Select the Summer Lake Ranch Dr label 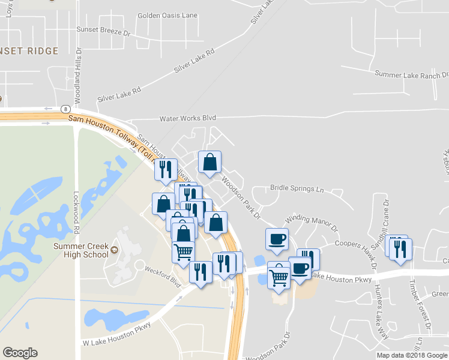click(411, 74)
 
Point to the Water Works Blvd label click(187, 118)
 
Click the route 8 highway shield click(64, 109)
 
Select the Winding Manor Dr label click(312, 221)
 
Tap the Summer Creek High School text click(80, 250)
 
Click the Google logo click(20, 352)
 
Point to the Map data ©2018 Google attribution click(411, 355)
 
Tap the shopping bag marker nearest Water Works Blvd click(209, 162)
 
